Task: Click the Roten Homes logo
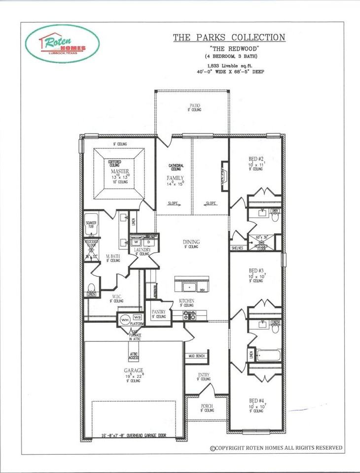(x=62, y=43)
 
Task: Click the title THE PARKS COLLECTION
(x=228, y=37)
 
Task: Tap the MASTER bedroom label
(x=119, y=171)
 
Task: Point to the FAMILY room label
(x=175, y=178)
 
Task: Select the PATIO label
(x=194, y=105)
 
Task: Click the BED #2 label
(x=256, y=159)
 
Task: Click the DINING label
(x=191, y=241)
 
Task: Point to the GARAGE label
(x=133, y=370)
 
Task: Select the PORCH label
(x=207, y=406)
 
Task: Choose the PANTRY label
(x=158, y=312)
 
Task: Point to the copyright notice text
(x=276, y=447)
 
